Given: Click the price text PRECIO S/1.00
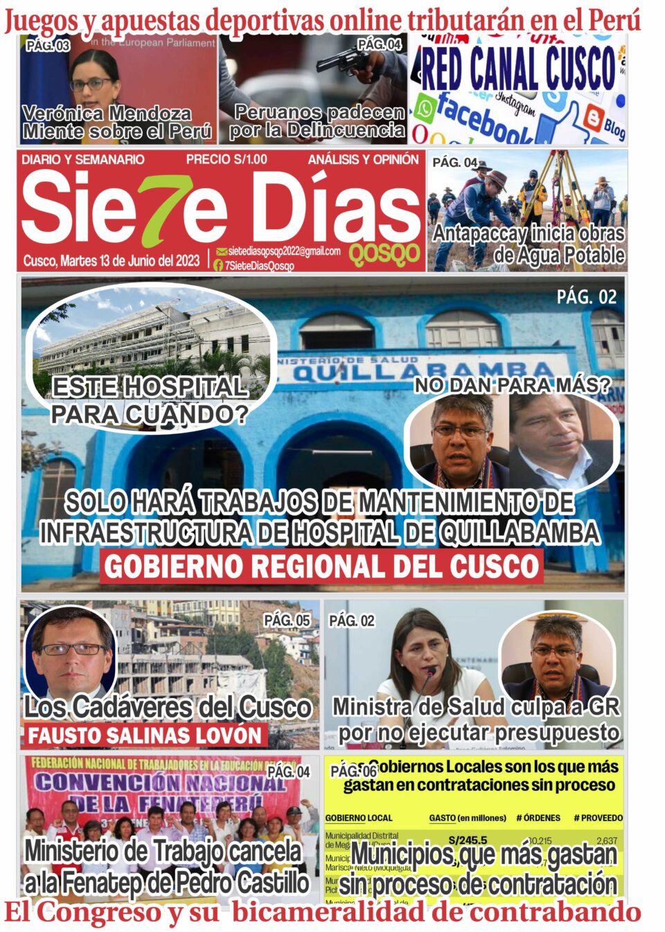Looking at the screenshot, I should (227, 159).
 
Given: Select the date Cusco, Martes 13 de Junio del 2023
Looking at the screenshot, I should (112, 261).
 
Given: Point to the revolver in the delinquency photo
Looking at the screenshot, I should (344, 62).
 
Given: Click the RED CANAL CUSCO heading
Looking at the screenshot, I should (518, 69).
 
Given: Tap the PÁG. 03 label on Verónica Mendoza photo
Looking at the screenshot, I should (48, 46).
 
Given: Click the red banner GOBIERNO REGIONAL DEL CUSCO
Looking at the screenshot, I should (321, 566).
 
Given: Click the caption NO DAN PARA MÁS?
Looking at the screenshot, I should (513, 386).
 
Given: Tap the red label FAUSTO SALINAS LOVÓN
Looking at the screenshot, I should (145, 735).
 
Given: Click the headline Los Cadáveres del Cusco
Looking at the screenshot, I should (168, 707).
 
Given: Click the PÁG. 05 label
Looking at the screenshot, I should (287, 620).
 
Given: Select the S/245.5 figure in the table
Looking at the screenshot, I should (468, 840).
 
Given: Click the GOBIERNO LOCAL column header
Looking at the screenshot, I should (359, 818).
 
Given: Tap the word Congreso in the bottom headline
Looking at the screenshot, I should (96, 912).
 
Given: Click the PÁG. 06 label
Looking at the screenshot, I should (353, 771).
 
